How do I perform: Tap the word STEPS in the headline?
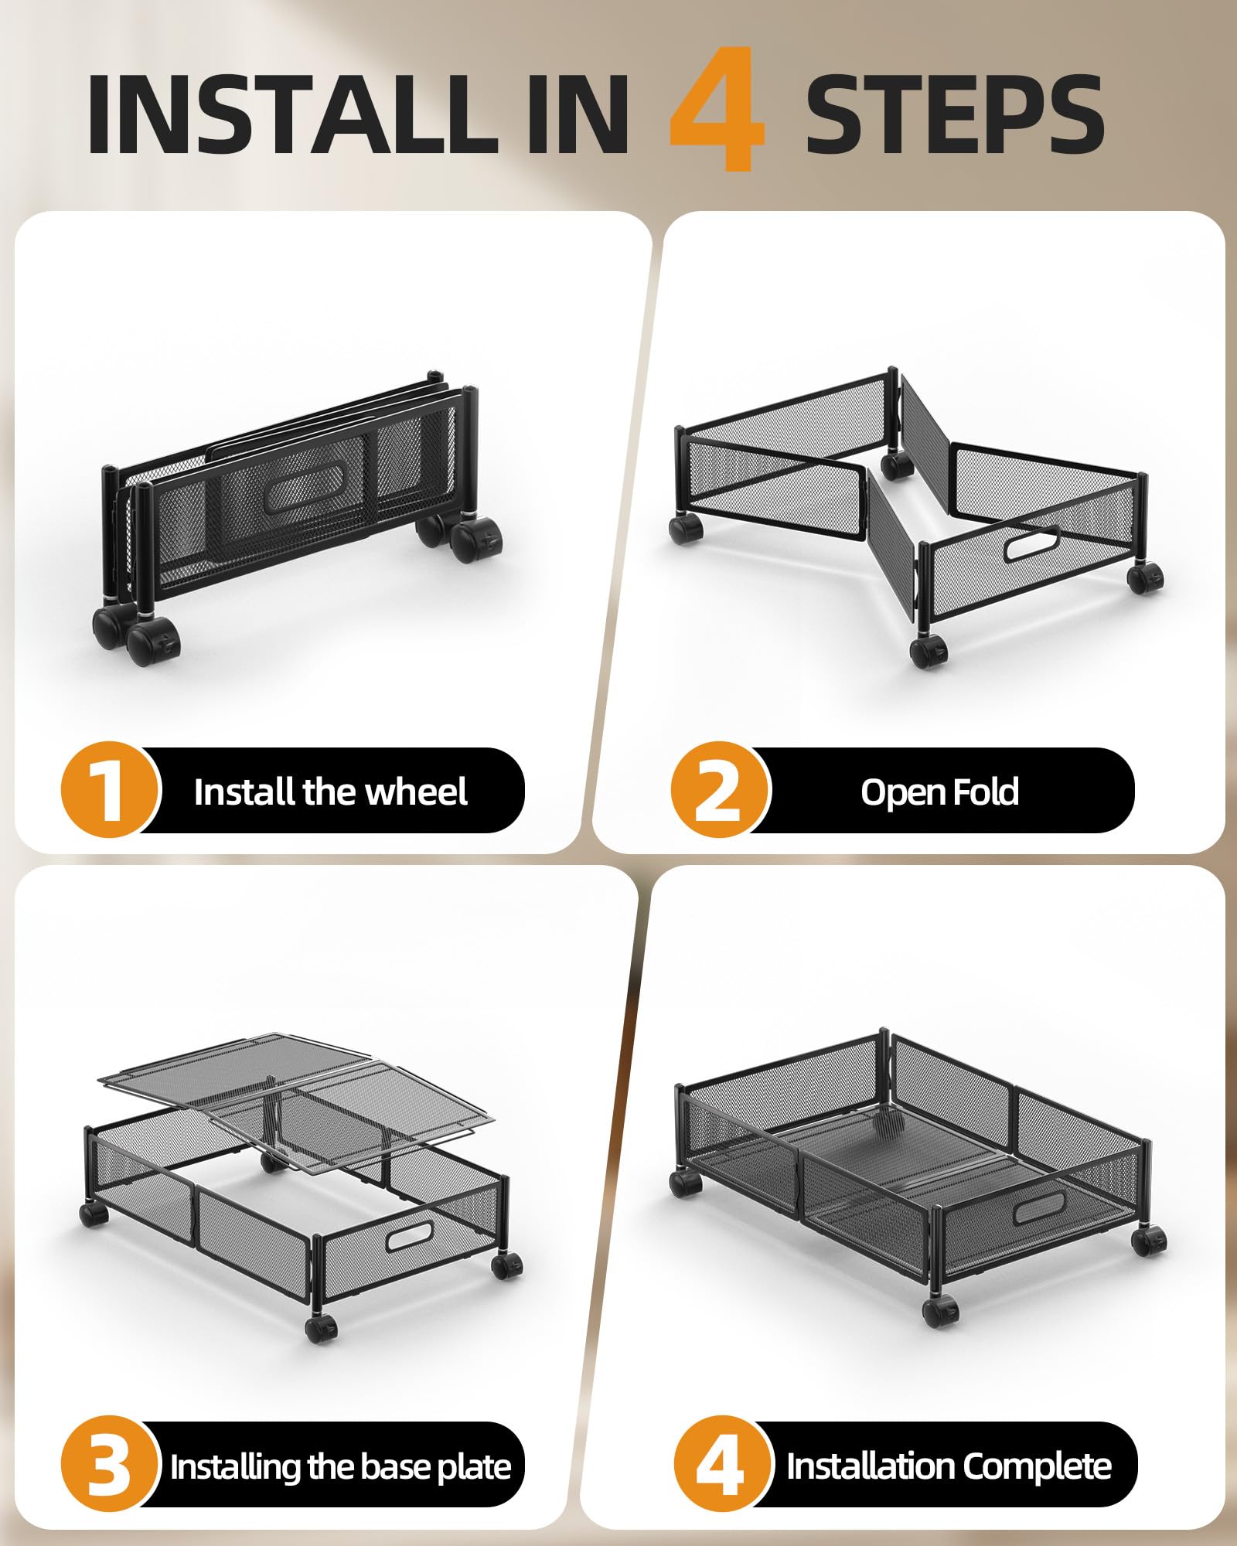(x=955, y=114)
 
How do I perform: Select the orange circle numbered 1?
(x=110, y=789)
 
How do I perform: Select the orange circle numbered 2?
(x=720, y=789)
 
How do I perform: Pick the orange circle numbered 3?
(x=110, y=1464)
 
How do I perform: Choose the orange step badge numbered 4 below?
(x=722, y=1464)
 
